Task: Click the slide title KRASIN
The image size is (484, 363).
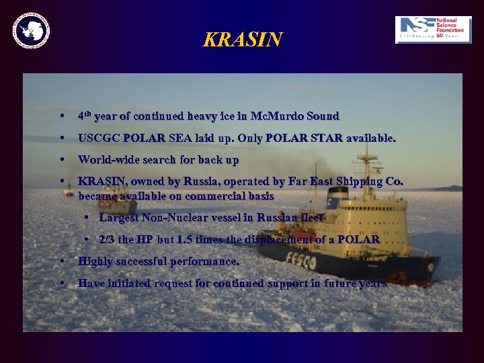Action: (243, 40)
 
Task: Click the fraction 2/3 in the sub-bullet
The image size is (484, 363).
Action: (108, 239)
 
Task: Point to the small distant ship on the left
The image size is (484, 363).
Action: (69, 192)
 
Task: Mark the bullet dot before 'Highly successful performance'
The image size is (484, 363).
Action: (62, 261)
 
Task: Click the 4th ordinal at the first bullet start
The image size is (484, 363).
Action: (84, 116)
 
